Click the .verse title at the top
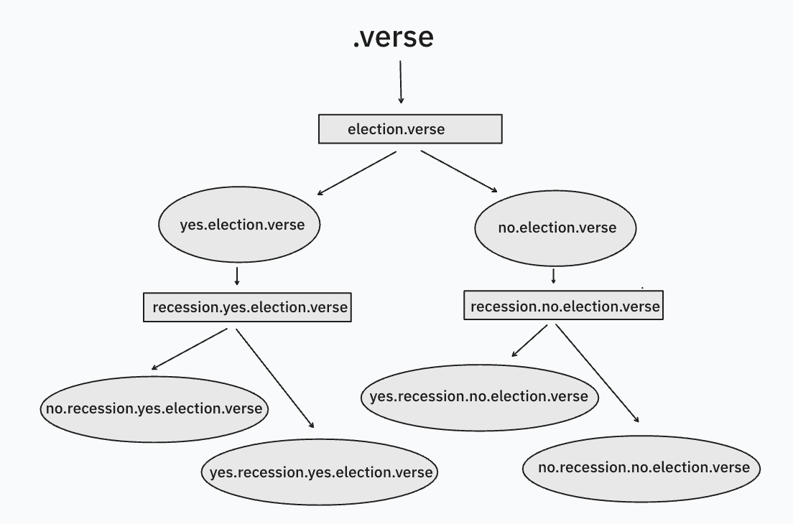(x=393, y=37)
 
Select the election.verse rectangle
(x=410, y=130)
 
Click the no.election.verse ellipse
(x=556, y=228)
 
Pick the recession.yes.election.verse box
(x=248, y=307)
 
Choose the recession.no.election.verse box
(x=564, y=306)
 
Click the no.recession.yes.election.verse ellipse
(x=154, y=408)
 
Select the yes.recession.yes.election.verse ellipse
(x=320, y=472)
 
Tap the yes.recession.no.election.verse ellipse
(x=479, y=397)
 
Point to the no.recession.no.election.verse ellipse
(x=643, y=468)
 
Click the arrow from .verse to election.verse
(x=400, y=83)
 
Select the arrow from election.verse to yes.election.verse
(x=357, y=173)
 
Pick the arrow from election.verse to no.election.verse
(x=459, y=172)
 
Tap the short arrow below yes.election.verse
(x=237, y=276)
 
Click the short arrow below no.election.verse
(x=554, y=276)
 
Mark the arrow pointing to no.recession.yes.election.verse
(x=190, y=349)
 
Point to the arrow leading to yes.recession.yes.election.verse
(x=275, y=378)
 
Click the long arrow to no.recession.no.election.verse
(x=597, y=373)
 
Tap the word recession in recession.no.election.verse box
(x=502, y=307)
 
